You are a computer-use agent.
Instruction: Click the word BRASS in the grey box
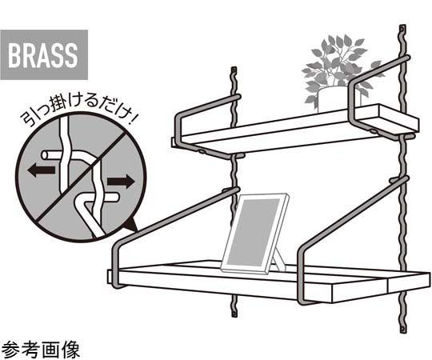42,55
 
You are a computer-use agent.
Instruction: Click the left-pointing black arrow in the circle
42,170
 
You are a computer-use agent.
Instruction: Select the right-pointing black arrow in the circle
121,182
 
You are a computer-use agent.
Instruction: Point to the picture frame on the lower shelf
255,234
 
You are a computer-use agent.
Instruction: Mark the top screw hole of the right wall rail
402,29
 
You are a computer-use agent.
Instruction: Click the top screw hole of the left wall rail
234,70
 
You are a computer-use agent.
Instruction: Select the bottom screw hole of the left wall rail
234,314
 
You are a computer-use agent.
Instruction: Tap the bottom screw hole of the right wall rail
403,329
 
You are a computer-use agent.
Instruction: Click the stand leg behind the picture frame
279,262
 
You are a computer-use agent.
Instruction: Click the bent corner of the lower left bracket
117,246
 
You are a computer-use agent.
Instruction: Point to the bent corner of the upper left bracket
178,117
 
